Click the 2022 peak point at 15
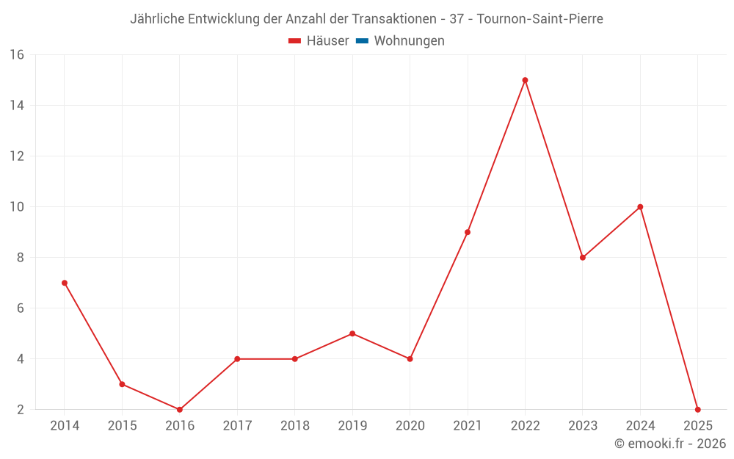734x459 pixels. coord(525,80)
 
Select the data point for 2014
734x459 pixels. coord(65,283)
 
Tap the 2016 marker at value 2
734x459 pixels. coord(180,409)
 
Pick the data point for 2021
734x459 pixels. coord(468,232)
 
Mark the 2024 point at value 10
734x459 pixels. coord(640,207)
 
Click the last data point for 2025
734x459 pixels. coord(697,409)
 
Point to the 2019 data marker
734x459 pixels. coord(352,333)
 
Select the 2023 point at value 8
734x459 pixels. coord(583,258)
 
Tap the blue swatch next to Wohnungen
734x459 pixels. coord(362,41)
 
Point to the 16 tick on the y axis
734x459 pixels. coord(17,55)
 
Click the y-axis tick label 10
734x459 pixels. coord(17,207)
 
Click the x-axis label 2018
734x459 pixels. coord(294,426)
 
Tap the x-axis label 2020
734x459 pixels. coord(410,426)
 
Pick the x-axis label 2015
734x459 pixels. coord(122,426)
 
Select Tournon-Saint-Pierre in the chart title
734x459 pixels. coord(539,19)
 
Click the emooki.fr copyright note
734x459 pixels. coord(670,444)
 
